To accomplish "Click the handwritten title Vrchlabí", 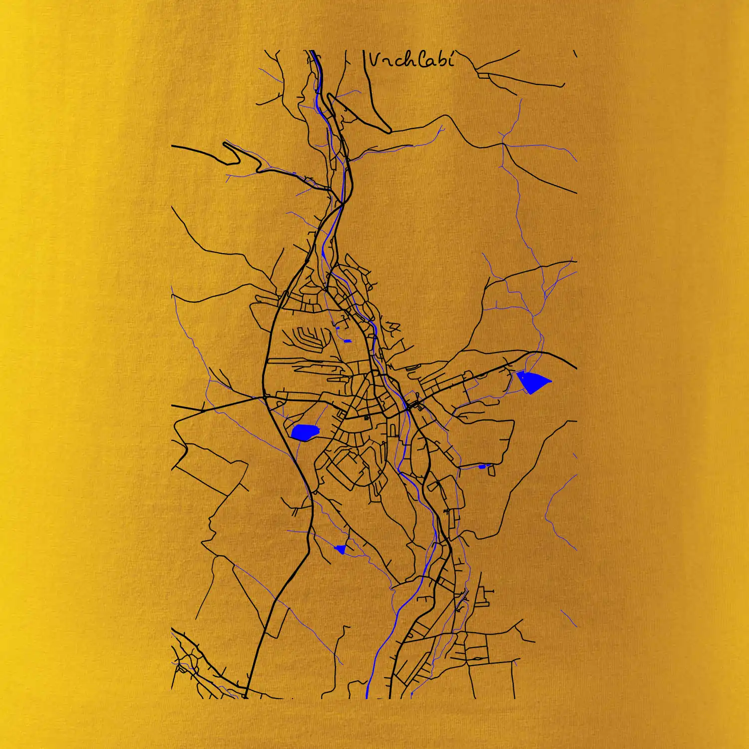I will tap(411, 60).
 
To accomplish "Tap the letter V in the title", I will tap(374, 60).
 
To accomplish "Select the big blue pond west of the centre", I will tap(304, 432).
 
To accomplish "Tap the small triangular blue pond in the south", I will tap(341, 549).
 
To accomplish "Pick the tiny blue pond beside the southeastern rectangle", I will tap(481, 466).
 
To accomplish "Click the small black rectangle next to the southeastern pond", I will tap(491, 470).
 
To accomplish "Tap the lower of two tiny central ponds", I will tap(348, 341).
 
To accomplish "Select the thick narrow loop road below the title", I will tap(359, 113).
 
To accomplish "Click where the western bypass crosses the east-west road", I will tap(265, 397).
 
